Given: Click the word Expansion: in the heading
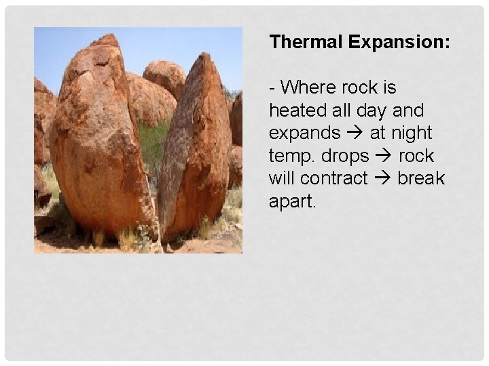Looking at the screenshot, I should click(399, 42).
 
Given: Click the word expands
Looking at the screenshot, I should click(304, 134).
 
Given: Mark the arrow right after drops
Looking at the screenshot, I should click(383, 156).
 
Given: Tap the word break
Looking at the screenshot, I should click(421, 178).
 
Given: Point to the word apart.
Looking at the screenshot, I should click(293, 201).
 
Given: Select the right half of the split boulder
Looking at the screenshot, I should click(197, 149).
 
